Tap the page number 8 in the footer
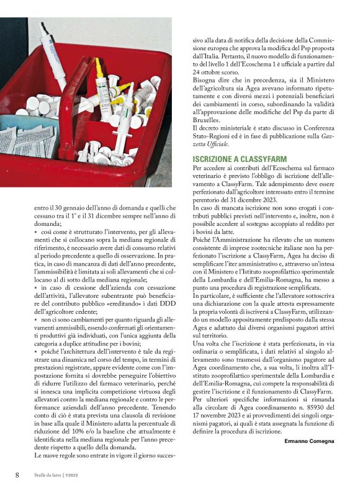pyautogui.click(x=17, y=475)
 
